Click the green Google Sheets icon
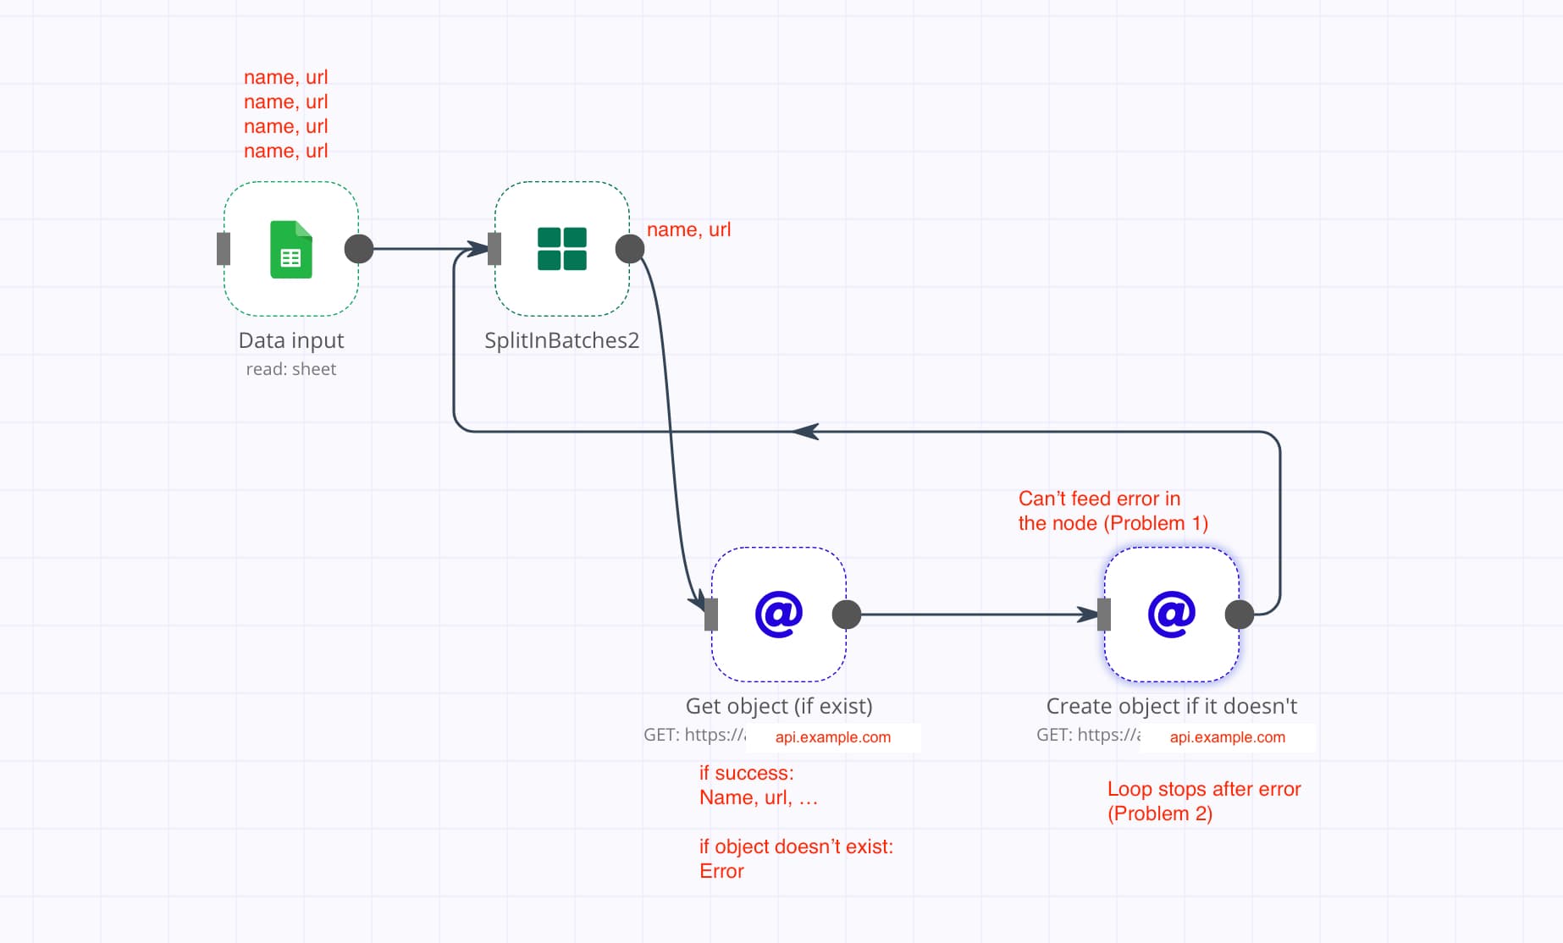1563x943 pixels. pyautogui.click(x=290, y=250)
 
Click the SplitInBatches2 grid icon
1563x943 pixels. pyautogui.click(x=561, y=249)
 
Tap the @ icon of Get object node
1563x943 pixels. pyautogui.click(x=778, y=615)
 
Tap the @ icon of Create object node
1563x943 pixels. pyautogui.click(x=1171, y=615)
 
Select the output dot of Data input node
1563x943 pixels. pyautogui.click(x=359, y=249)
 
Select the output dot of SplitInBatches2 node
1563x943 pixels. pyautogui.click(x=629, y=249)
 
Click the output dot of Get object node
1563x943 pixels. pyautogui.click(x=847, y=615)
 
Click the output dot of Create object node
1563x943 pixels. pyautogui.click(x=1240, y=615)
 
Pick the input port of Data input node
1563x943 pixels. pyautogui.click(x=224, y=249)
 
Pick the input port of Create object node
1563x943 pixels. pyautogui.click(x=1104, y=615)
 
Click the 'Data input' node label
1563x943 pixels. pyautogui.click(x=290, y=340)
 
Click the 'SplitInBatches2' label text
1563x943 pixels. pyautogui.click(x=561, y=340)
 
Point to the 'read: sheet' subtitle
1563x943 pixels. pyautogui.click(x=290, y=369)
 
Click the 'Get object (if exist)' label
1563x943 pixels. pyautogui.click(x=778, y=706)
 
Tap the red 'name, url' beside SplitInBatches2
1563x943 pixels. pyautogui.click(x=688, y=229)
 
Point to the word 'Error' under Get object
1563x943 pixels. pyautogui.click(x=721, y=871)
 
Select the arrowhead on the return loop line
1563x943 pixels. pyautogui.click(x=805, y=432)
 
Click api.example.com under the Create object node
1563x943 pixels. pyautogui.click(x=1227, y=737)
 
